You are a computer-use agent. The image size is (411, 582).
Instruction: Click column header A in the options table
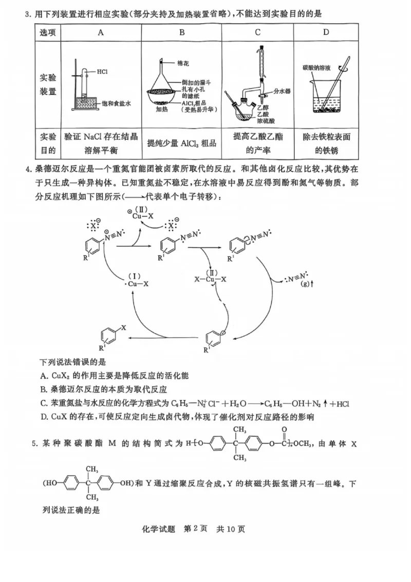(x=101, y=32)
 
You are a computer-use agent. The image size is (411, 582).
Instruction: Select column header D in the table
(x=326, y=32)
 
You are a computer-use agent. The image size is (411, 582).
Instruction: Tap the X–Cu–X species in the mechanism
(x=210, y=279)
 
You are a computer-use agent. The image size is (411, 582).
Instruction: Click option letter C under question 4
(x=43, y=404)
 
